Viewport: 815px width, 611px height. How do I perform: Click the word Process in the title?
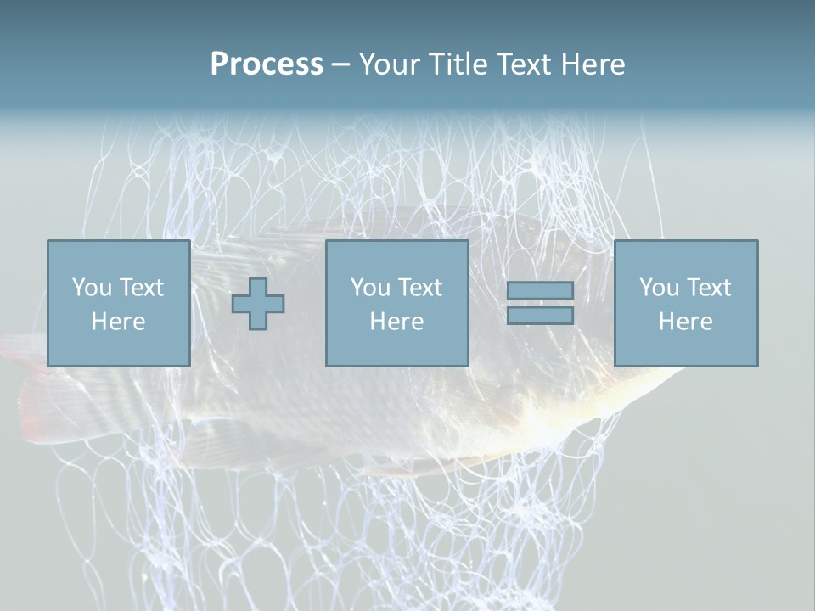point(267,64)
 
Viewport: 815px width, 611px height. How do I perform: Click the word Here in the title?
point(593,64)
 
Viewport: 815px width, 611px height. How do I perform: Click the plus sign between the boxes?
point(258,303)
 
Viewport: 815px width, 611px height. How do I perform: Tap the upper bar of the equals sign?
point(540,291)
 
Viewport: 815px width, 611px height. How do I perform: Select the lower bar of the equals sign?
point(540,315)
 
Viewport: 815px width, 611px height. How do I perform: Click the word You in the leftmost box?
point(92,288)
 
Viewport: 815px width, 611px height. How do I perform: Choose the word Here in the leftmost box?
point(118,322)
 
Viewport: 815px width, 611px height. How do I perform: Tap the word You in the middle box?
point(370,288)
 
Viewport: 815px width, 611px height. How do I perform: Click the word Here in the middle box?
point(396,322)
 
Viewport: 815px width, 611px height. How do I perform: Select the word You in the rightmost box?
point(659,288)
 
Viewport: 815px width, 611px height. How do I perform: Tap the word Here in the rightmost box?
point(685,322)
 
